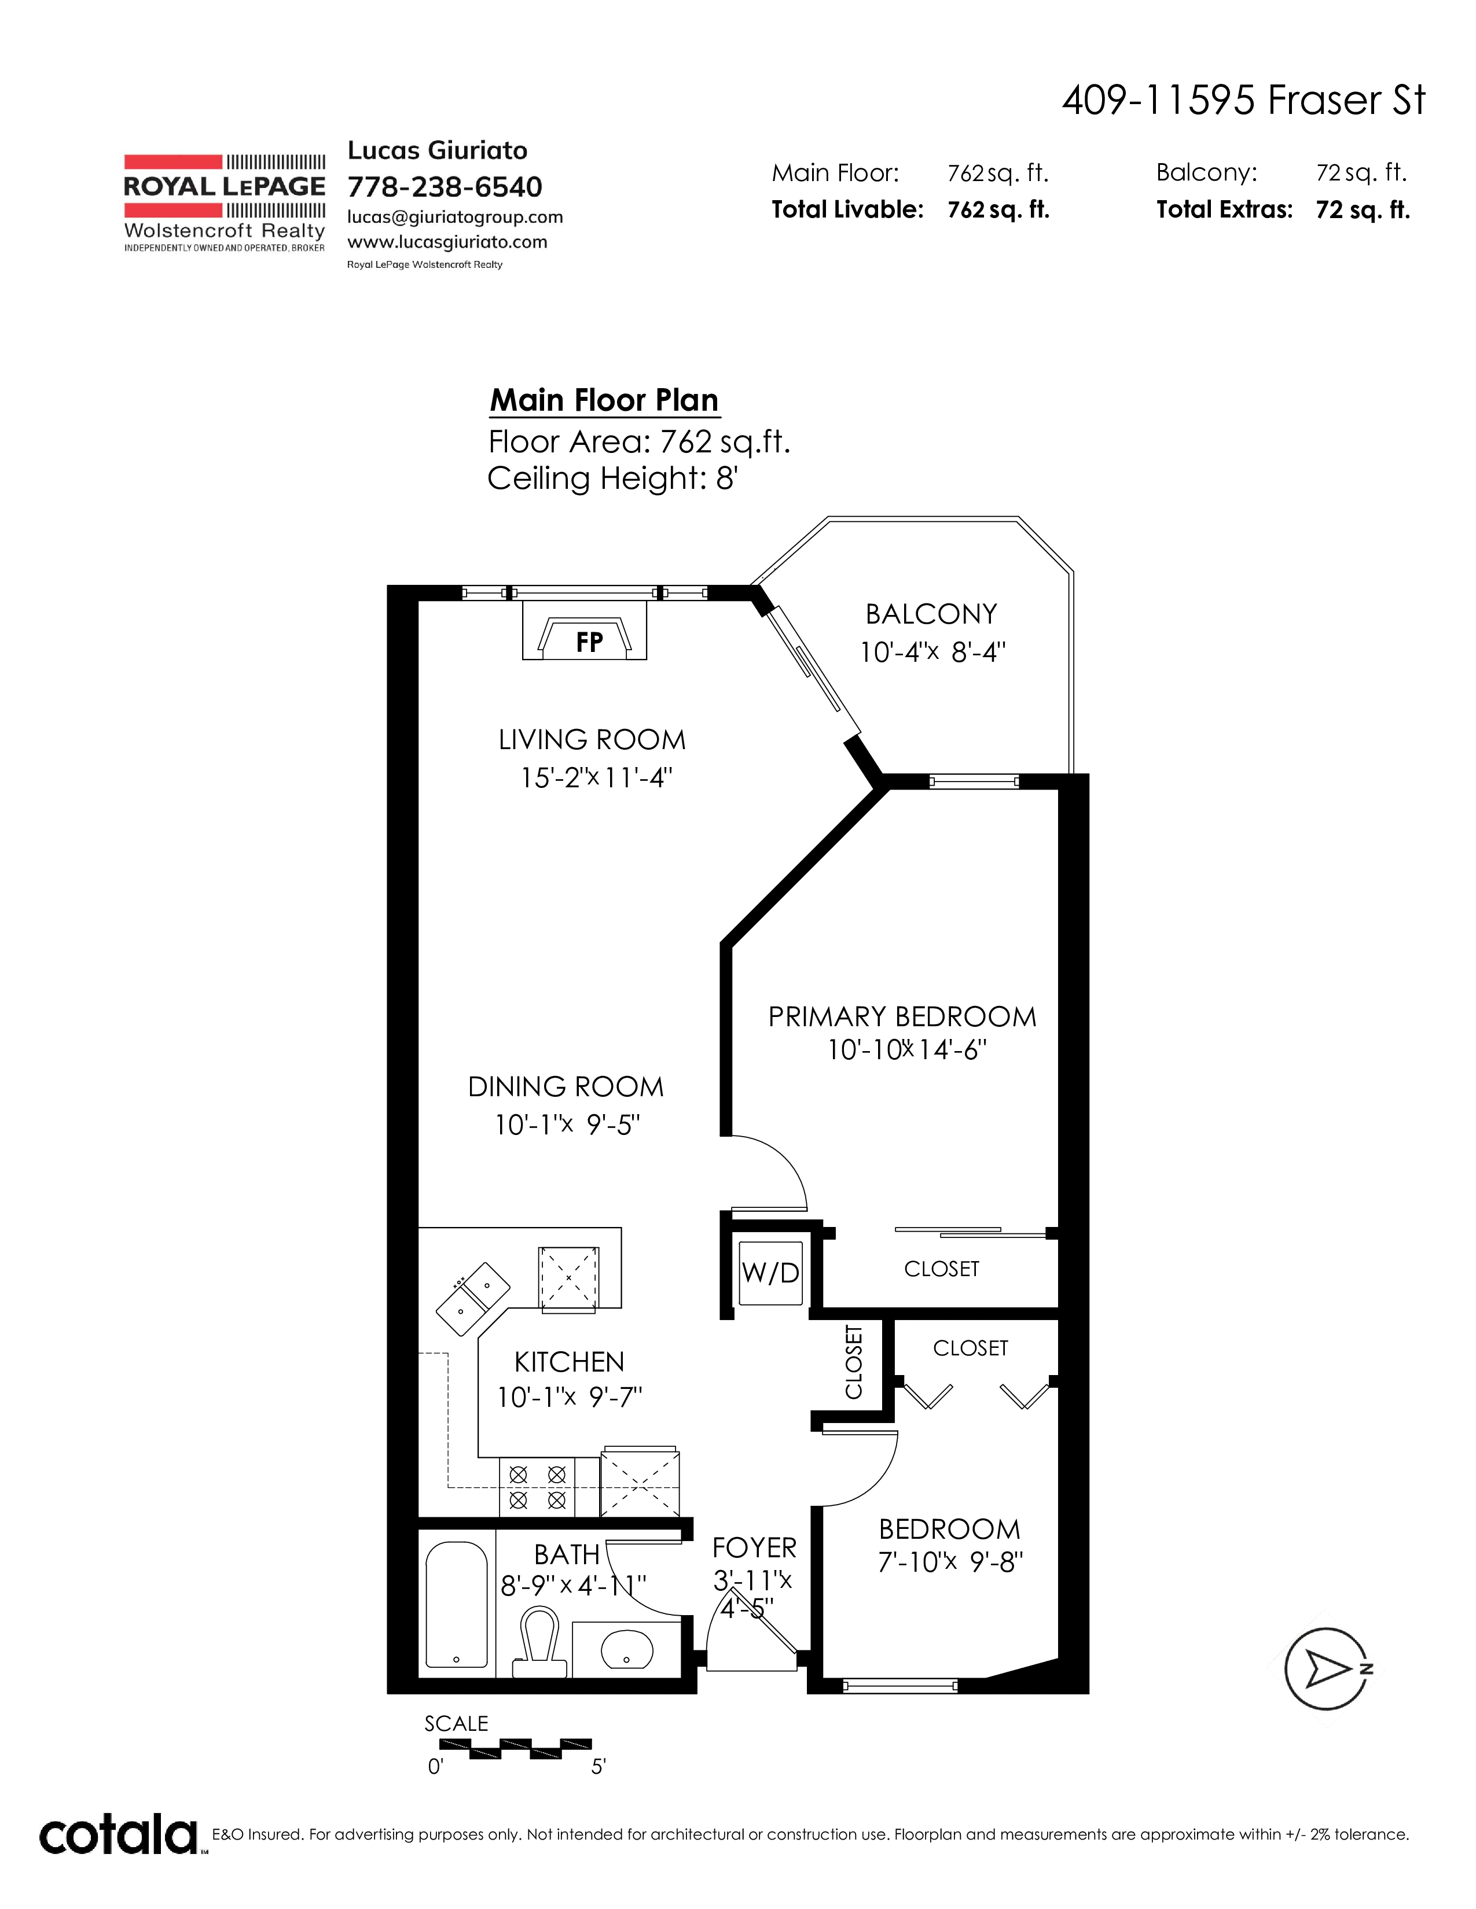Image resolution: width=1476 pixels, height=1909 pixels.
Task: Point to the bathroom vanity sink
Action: click(627, 1649)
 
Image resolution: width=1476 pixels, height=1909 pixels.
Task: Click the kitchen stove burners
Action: click(537, 1487)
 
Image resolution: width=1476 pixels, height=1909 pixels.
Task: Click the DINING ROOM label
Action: click(566, 1088)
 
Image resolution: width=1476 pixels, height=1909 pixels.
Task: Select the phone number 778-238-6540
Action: click(445, 187)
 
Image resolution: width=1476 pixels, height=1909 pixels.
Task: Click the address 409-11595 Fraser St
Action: click(1244, 101)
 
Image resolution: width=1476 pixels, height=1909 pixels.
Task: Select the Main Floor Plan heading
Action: click(604, 400)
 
